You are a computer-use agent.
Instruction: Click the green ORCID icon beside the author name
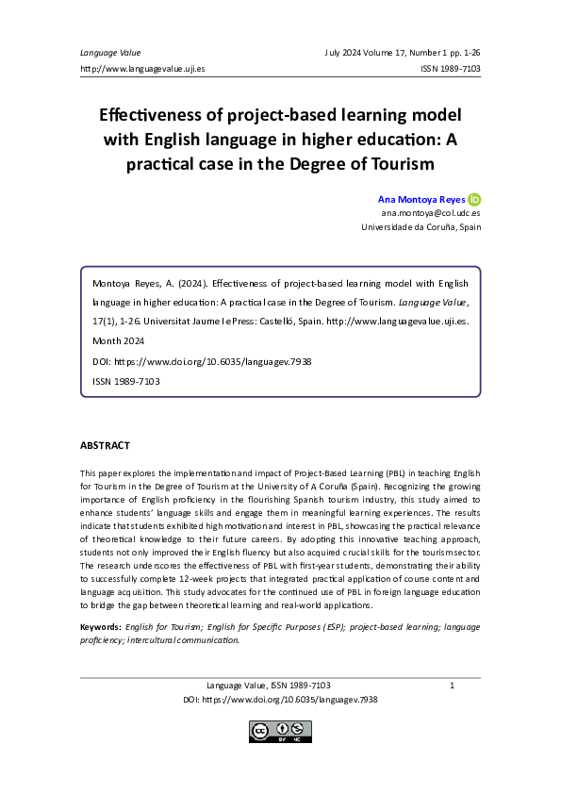pyautogui.click(x=474, y=199)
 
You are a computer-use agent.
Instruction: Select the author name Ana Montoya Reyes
pyautogui.click(x=421, y=200)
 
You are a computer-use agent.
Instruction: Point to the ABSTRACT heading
pyautogui.click(x=105, y=445)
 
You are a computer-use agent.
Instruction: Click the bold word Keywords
pyautogui.click(x=100, y=626)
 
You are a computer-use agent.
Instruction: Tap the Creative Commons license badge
pyautogui.click(x=280, y=731)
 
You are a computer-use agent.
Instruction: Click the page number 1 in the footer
pyautogui.click(x=453, y=685)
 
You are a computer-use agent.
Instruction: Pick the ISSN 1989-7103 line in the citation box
pyautogui.click(x=125, y=381)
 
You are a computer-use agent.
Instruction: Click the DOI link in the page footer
pyautogui.click(x=280, y=700)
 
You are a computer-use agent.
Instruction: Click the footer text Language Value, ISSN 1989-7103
pyautogui.click(x=268, y=685)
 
